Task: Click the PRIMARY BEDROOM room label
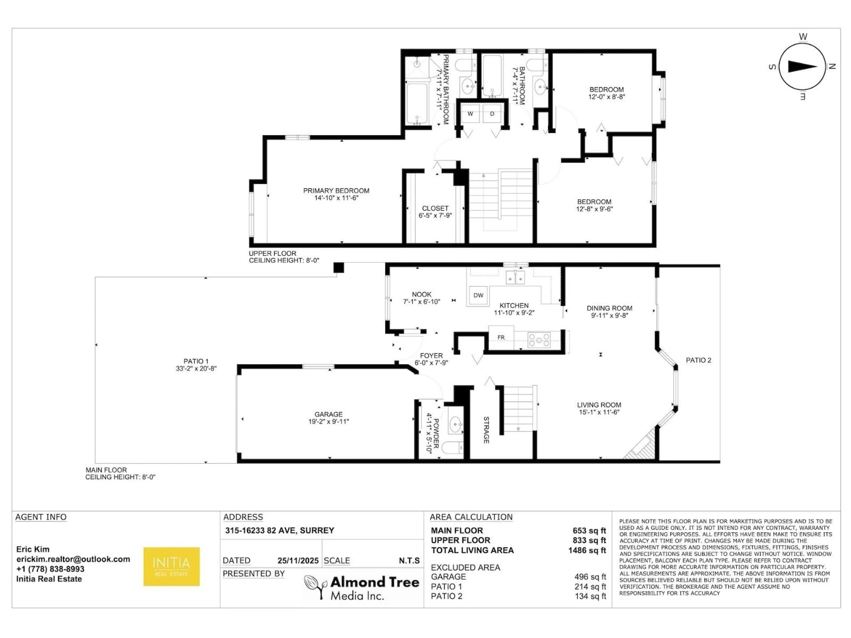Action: tap(336, 191)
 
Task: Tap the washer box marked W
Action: tap(470, 114)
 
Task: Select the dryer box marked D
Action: tap(492, 114)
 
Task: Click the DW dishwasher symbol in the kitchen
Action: tap(478, 295)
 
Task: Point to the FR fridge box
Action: tap(501, 337)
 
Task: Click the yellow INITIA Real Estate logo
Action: tap(172, 566)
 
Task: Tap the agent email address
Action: tap(73, 559)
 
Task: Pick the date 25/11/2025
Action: tap(298, 561)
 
